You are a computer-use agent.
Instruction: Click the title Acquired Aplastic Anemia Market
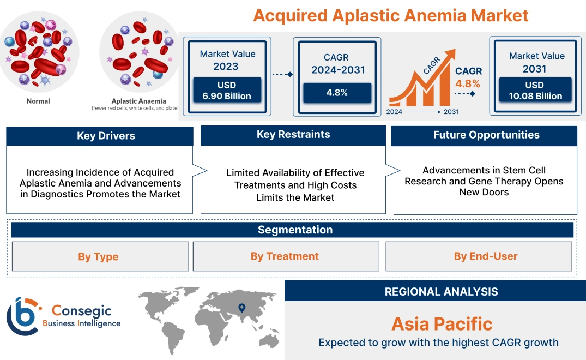pos(391,15)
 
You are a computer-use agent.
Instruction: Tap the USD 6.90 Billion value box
pos(227,91)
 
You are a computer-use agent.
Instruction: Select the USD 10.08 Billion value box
pos(536,91)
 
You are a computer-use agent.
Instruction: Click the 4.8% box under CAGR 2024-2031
pos(337,92)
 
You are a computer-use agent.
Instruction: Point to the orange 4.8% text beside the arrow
pos(468,83)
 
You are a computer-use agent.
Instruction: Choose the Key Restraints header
pos(293,135)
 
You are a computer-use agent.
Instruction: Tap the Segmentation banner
pos(295,230)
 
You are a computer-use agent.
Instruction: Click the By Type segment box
pos(98,256)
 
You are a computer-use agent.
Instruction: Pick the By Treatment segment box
pos(285,256)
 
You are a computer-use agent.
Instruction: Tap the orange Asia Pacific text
pos(442,324)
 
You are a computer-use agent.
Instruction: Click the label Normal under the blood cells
pos(38,101)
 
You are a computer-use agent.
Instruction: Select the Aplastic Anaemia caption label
pos(138,101)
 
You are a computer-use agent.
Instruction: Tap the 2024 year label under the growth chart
pos(395,112)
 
